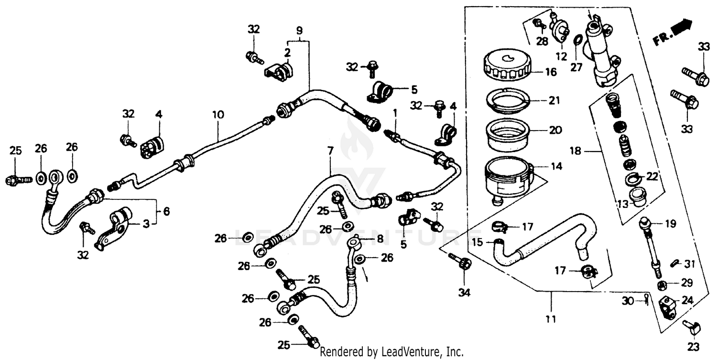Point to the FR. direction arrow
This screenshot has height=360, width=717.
click(x=673, y=32)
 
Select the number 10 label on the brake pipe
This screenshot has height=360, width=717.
click(x=218, y=115)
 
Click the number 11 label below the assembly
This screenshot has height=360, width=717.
click(x=551, y=318)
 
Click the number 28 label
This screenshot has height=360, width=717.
click(x=542, y=42)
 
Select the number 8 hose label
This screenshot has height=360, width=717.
click(x=380, y=238)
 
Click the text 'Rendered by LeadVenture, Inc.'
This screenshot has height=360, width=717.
click(x=391, y=352)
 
